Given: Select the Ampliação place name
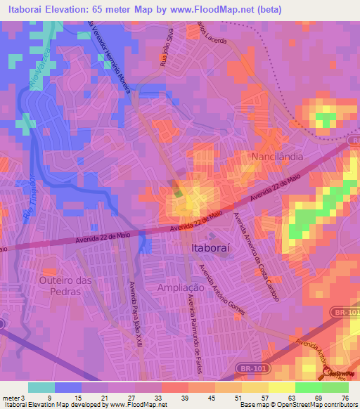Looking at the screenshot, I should [x=180, y=287].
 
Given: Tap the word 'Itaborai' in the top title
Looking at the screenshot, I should [x=28, y=9].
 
